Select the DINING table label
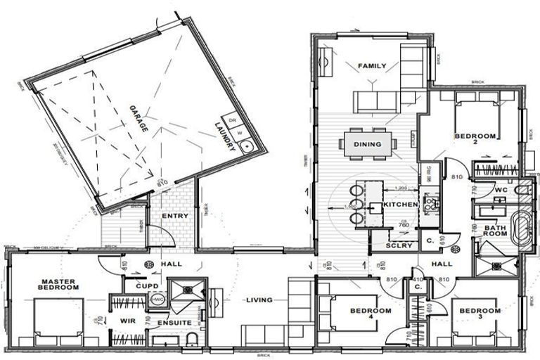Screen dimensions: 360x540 coord(367,144)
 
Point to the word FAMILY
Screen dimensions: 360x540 coord(372,66)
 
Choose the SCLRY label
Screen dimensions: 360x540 coord(399,245)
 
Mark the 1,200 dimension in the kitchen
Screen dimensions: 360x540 coord(401,188)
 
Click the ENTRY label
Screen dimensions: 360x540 coord(174,216)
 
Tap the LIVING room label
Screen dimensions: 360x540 coord(259,301)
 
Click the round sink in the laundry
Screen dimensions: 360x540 coord(247,146)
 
